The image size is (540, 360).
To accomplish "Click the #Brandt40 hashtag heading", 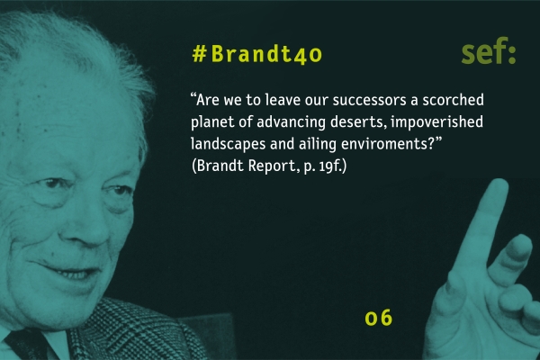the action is point(256,54).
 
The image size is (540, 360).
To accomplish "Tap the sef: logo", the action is point(489,51).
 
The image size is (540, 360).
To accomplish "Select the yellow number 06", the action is point(379,318).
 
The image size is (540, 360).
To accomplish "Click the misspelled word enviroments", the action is point(388,144).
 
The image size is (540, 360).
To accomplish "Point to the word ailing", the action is point(317,144).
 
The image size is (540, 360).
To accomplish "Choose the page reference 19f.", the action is point(332,166).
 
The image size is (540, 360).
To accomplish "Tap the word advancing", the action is point(291,122).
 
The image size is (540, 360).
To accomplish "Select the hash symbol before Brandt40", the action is point(200,54).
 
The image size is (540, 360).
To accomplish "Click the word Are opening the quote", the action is point(207,100).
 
